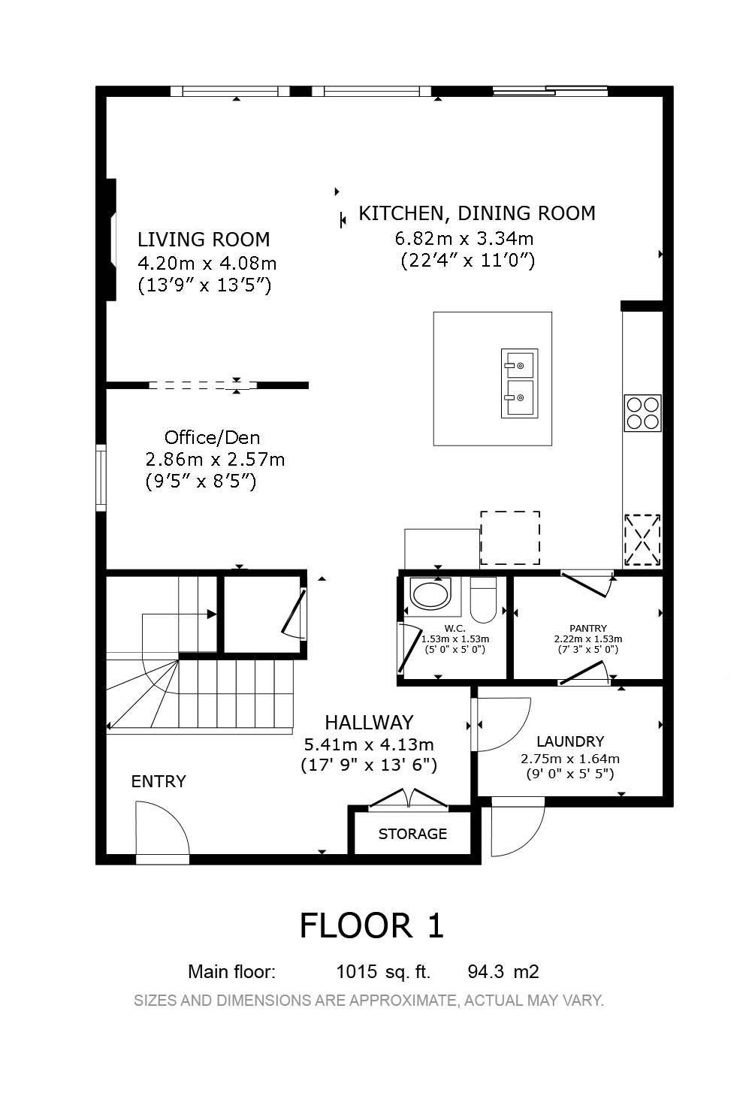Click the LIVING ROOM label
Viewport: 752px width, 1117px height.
coord(204,240)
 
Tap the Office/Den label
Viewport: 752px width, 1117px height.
coord(213,438)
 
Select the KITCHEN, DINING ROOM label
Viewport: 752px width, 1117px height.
coord(477,213)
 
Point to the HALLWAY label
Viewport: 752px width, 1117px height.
coord(369,723)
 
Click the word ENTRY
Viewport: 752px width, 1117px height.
coord(159,781)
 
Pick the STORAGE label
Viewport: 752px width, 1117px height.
coord(412,834)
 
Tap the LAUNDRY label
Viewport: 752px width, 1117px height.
coord(570,741)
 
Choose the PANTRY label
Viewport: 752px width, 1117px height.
coord(588,628)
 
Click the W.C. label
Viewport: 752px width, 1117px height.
coord(455,629)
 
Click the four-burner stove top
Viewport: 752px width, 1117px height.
coord(643,413)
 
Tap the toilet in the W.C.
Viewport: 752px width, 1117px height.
coord(483,600)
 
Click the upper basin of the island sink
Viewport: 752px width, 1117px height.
coord(520,364)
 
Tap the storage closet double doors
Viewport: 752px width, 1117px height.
coord(409,798)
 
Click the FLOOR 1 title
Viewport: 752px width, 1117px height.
coord(372,925)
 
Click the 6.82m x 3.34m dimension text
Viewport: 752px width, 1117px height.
coord(464,238)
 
